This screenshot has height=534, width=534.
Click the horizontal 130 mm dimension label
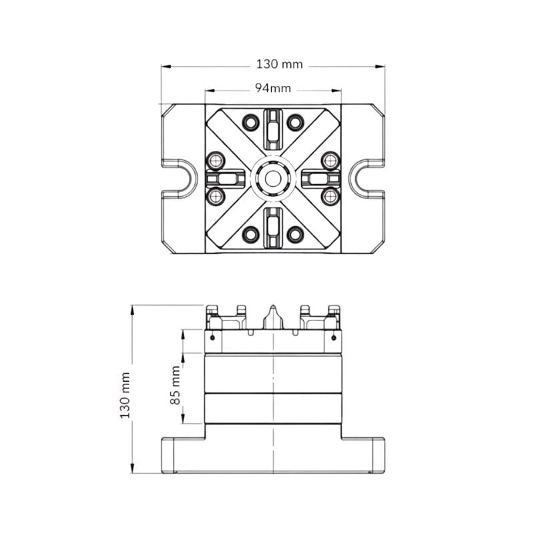click(279, 64)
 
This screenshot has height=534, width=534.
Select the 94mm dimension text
click(273, 89)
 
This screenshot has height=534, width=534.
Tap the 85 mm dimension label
click(175, 385)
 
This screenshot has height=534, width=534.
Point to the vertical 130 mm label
click(125, 395)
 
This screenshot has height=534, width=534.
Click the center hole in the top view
click(273, 179)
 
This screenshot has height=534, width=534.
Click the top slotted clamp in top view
click(273, 129)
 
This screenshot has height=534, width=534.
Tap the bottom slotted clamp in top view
click(273, 227)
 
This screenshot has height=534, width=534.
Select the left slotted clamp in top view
click(225, 178)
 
